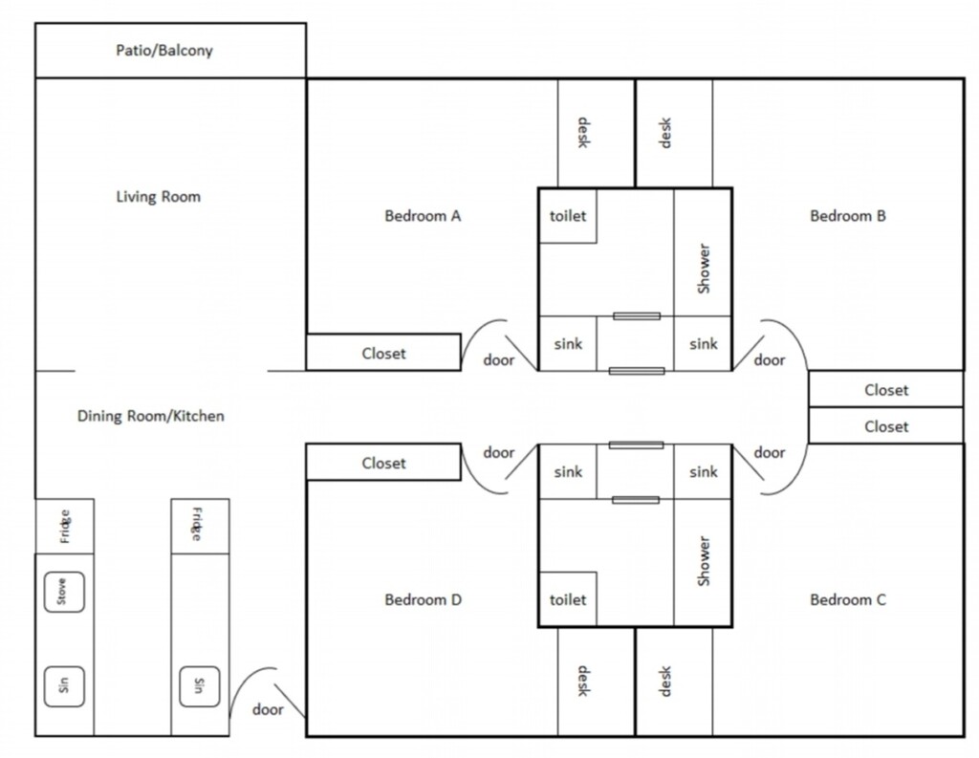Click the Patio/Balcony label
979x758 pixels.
pos(164,51)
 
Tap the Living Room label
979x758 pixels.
pos(159,197)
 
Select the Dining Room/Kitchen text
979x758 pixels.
pos(151,416)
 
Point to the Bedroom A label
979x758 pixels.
pos(423,216)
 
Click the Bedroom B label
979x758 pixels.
pos(848,216)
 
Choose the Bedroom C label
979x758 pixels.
pos(848,600)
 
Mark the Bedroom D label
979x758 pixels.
pos(423,600)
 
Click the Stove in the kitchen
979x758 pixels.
pos(64,593)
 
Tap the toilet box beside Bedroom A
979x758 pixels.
pos(568,216)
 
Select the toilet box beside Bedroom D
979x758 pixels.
pos(568,599)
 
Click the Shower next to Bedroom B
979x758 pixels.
pos(704,270)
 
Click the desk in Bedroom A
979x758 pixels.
pos(582,133)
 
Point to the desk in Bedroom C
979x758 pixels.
pos(666,682)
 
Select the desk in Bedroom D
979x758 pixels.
pos(582,682)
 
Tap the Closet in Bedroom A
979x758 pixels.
pos(383,353)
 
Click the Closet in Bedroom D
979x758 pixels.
pos(383,463)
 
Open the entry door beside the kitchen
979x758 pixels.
pos(268,709)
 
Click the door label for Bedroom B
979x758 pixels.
pos(770,360)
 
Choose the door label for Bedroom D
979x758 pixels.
pos(499,452)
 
